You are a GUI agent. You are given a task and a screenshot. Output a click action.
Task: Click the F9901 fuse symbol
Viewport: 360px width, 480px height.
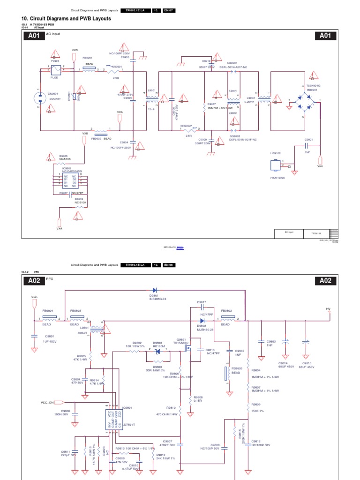click(55, 71)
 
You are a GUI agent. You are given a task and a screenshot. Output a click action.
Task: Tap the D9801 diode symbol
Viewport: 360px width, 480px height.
click(154, 290)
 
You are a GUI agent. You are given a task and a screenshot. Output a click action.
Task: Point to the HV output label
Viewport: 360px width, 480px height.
click(328, 309)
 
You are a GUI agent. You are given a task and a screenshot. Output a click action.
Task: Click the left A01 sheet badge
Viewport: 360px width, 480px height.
click(33, 37)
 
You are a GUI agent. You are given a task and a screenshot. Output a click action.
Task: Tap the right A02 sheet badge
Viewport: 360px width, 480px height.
click(325, 280)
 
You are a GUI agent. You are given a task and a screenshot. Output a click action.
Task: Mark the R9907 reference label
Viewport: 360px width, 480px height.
click(211, 104)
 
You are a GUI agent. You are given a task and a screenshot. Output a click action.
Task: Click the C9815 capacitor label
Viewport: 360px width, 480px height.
click(306, 363)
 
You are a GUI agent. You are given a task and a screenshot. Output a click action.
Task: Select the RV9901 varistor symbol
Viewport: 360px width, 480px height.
click(75, 97)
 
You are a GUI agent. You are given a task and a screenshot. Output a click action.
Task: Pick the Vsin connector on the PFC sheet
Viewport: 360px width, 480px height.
click(34, 303)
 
